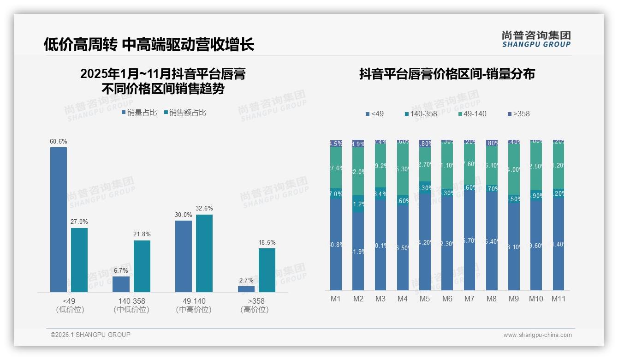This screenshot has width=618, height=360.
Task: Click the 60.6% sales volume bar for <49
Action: pos(59,220)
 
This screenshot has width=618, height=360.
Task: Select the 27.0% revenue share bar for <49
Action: pos(79,260)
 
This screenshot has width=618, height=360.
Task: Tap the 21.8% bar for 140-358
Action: pos(142,266)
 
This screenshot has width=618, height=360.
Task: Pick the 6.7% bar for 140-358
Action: pos(121,284)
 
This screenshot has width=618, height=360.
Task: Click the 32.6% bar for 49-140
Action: pos(204,253)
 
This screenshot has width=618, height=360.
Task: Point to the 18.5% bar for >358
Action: pos(267,270)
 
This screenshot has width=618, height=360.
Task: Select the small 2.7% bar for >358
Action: pos(246,289)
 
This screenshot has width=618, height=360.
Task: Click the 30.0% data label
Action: pos(184,215)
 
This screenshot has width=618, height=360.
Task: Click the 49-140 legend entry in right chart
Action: pos(472,114)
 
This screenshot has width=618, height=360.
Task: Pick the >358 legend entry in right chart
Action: pos(518,114)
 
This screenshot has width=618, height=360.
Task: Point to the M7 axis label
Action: pos(469,299)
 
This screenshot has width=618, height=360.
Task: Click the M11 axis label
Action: pos(558,299)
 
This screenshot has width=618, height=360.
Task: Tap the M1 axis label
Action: pos(336,299)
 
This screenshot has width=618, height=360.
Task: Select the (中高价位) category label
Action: pos(194,310)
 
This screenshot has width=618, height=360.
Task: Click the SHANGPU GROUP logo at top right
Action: pos(536,39)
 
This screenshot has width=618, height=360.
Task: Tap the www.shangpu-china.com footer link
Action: pos(537,335)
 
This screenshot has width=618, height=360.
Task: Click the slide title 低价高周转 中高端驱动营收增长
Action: pos(149,44)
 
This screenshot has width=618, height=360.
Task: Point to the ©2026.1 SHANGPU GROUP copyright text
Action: pos(90,335)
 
